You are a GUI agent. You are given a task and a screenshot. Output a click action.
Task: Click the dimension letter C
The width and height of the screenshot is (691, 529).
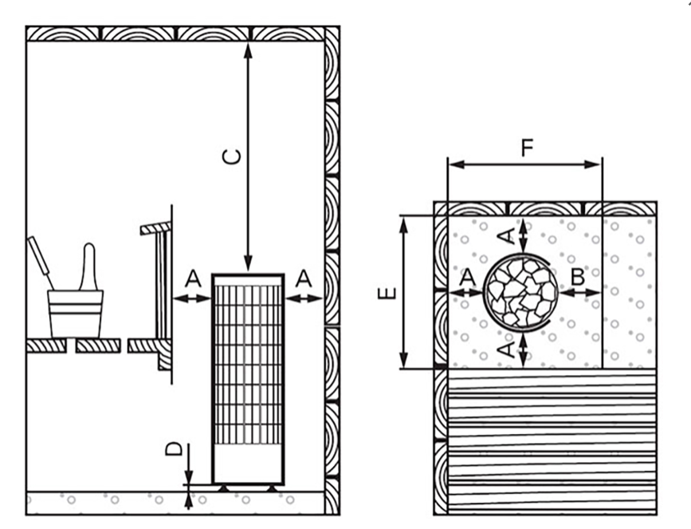point(232,156)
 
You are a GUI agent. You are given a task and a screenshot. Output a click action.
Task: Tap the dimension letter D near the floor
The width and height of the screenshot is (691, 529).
point(174,449)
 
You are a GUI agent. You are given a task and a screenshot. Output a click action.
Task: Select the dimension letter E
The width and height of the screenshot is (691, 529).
point(388,294)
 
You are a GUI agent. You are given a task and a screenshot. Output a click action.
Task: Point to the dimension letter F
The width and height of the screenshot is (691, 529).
point(527,148)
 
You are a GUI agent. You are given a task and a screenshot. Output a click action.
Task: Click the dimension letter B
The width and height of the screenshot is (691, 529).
point(578,277)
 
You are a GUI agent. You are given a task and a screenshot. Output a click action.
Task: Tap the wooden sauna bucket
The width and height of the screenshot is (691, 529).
point(76,314)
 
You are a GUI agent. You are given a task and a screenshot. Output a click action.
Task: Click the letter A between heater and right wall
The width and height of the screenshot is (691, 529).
point(304,278)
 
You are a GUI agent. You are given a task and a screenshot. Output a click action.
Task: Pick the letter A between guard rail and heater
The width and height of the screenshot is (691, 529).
point(193,278)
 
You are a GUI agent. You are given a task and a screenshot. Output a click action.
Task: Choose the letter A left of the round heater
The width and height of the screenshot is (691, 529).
point(468,277)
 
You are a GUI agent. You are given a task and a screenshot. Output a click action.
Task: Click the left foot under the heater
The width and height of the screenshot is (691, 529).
point(224,488)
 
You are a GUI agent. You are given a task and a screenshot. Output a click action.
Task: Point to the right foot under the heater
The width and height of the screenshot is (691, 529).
point(272,488)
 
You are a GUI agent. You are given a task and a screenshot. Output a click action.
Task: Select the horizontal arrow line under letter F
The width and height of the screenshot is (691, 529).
point(524,165)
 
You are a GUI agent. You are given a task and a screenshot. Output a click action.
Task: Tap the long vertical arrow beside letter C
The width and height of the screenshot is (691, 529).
point(248,157)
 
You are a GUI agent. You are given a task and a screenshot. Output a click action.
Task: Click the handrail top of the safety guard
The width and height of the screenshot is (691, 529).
point(155,228)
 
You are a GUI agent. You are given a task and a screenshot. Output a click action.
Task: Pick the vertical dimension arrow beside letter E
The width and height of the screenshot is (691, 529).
point(404,292)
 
